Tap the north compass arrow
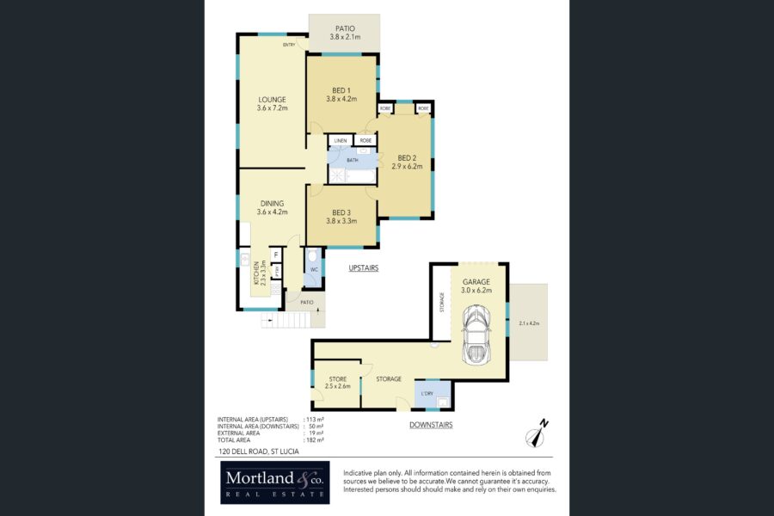(539, 433)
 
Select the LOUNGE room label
(272, 103)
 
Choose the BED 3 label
(341, 216)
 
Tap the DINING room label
(272, 207)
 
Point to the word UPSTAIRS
(364, 268)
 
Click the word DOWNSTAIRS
(431, 425)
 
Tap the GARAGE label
(476, 286)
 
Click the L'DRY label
(427, 396)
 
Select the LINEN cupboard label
(341, 140)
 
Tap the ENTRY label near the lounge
(289, 45)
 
